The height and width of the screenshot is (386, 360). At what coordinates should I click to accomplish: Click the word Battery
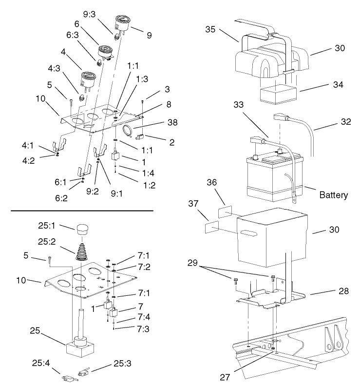(x=334, y=195)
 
